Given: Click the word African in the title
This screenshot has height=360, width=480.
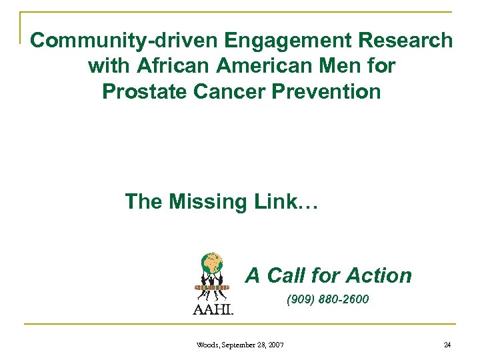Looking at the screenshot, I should tap(167, 67).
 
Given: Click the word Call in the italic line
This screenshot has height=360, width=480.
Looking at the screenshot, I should tap(288, 275).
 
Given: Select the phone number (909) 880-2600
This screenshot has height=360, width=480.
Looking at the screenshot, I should tap(327, 300).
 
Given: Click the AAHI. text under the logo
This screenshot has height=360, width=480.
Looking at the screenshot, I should tap(213, 309).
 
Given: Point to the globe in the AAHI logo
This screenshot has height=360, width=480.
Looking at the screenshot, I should tap(212, 263).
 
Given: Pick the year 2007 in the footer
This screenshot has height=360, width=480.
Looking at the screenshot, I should tap(276, 345).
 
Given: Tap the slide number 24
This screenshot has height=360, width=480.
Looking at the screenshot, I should tap(447, 345).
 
